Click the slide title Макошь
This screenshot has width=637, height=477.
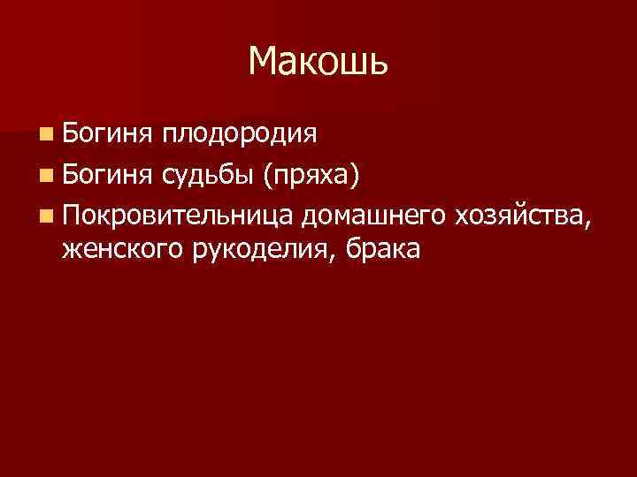[318, 62]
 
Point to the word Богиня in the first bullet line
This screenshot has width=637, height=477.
[105, 134]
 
